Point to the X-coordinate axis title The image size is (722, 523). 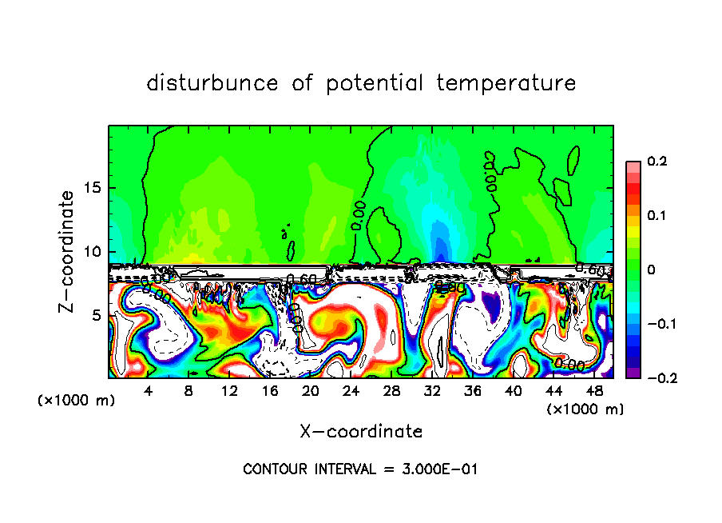[x=361, y=432]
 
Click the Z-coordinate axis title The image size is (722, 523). [x=67, y=251]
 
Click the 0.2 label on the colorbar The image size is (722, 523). [x=657, y=162]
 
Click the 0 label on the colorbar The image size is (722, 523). [x=651, y=270]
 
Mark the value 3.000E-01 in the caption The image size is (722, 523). [x=438, y=469]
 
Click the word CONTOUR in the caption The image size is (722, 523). [x=272, y=469]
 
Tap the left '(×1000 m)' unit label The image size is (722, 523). [x=77, y=401]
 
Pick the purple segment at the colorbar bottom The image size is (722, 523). [x=633, y=373]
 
